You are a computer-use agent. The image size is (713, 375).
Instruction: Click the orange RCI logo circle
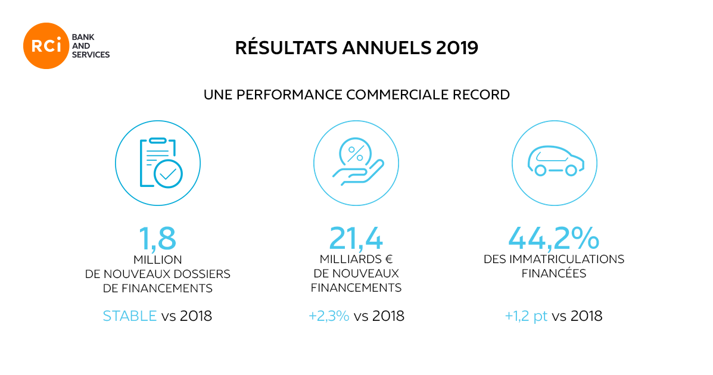[46, 45]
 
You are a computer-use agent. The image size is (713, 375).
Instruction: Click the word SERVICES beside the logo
[90, 55]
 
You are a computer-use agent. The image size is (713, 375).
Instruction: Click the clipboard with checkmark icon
[157, 164]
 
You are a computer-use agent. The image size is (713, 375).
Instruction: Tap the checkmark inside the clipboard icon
[168, 174]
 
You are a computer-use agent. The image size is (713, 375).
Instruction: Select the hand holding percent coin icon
[356, 163]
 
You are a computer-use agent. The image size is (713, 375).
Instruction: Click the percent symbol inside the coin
[355, 154]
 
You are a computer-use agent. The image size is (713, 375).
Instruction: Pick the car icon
[554, 162]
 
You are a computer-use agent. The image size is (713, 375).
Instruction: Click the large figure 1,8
[158, 238]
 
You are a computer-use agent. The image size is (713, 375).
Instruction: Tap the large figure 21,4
[356, 238]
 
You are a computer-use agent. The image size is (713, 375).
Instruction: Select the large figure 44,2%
[553, 238]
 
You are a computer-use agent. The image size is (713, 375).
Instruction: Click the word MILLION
[157, 260]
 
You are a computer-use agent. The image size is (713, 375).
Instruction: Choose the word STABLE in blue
[129, 316]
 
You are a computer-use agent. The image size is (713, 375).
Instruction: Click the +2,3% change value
[329, 316]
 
